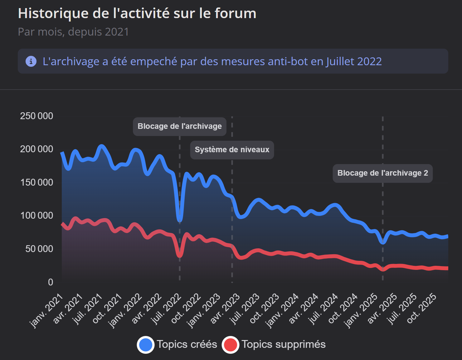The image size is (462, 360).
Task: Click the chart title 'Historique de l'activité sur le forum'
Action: pos(137,13)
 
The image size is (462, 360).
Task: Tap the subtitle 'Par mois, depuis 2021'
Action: pos(73,32)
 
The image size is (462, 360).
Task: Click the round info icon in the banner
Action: pos(31,61)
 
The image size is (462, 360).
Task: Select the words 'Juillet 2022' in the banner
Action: pos(354,61)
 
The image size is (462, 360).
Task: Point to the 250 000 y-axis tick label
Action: pos(36,116)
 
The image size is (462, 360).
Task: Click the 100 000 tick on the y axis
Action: pos(36,216)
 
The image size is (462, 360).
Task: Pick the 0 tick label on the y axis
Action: pos(51,282)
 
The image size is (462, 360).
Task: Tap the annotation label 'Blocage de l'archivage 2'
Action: pos(382,173)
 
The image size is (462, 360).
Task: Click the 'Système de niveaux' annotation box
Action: pos(232,150)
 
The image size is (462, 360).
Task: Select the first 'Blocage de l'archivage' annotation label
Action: pos(179,126)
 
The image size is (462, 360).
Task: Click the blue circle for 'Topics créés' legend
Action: pos(146,345)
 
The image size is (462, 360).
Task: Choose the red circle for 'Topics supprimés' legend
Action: pos(231,345)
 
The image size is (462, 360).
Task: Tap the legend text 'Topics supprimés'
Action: pos(284,344)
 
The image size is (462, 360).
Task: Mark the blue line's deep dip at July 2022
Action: pos(180,219)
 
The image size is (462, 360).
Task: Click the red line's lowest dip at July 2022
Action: pos(180,255)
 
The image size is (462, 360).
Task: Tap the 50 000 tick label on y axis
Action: pos(39,249)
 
